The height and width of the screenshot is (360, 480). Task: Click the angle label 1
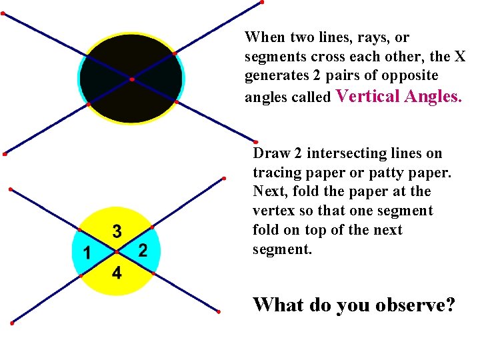[85, 253]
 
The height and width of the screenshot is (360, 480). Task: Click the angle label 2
[142, 251]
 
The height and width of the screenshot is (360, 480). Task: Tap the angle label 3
[117, 231]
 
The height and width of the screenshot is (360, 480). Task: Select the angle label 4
[116, 273]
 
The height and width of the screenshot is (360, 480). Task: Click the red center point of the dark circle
[132, 79]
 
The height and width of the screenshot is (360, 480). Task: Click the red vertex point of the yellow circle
[116, 252]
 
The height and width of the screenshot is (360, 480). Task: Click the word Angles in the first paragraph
[430, 96]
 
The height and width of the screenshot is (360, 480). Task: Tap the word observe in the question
[411, 305]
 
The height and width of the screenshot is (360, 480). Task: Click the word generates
[275, 76]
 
